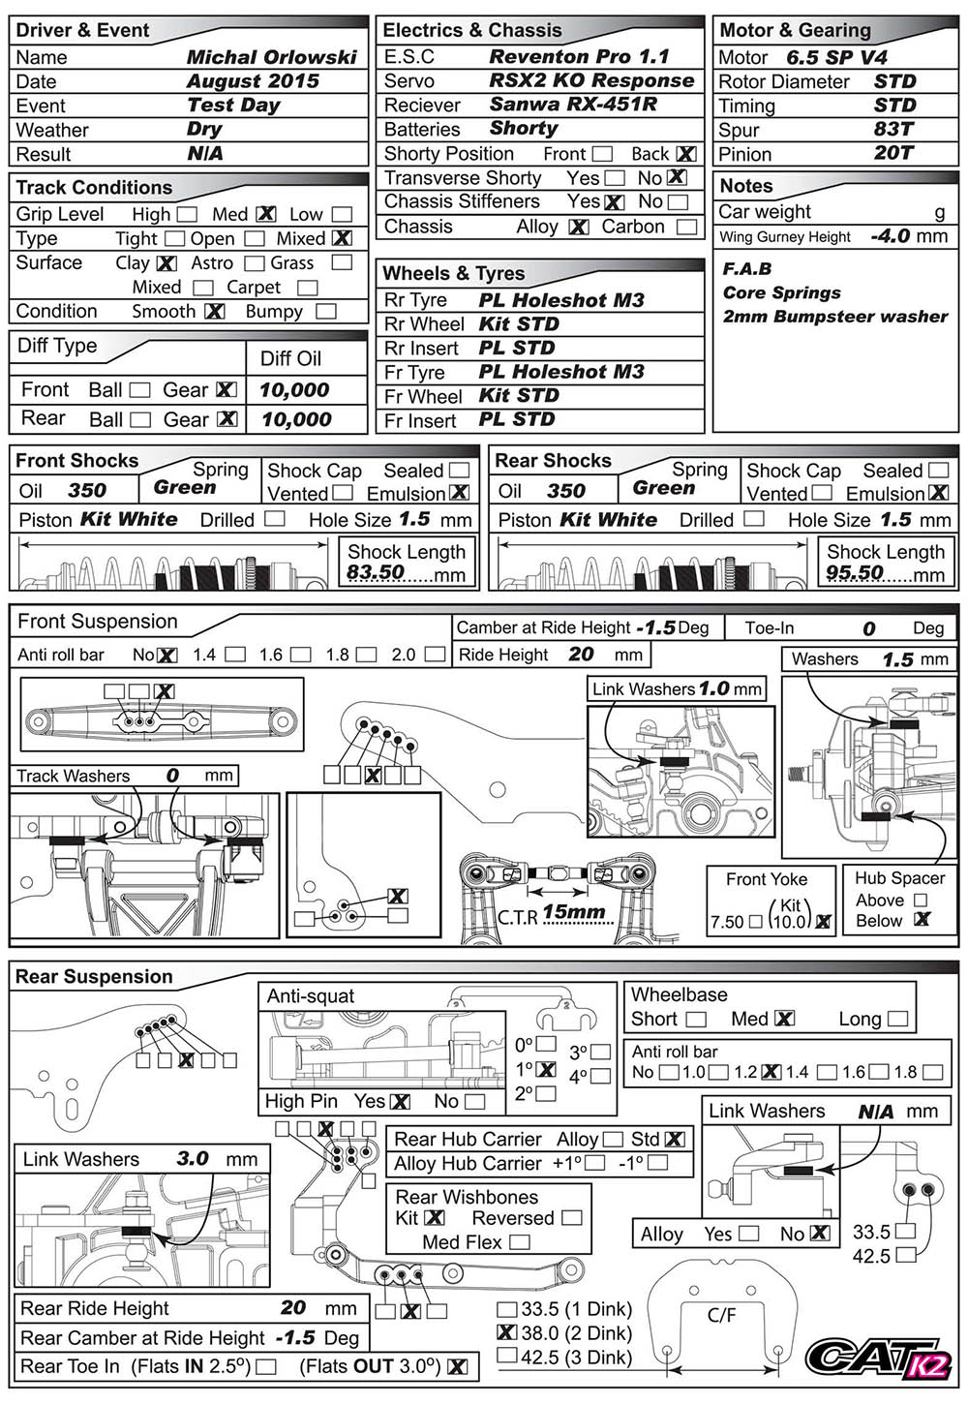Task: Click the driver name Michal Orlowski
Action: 271,57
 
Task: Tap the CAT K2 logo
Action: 878,1358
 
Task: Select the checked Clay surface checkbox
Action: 166,262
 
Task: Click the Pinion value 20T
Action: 892,153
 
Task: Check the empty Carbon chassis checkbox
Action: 686,227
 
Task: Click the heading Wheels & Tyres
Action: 453,274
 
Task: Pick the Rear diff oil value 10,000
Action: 296,419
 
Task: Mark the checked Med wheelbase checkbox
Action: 784,1019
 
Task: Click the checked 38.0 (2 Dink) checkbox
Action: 506,1332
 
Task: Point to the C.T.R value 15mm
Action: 574,911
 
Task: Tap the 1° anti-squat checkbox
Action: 546,1070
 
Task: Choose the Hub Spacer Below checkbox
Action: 922,920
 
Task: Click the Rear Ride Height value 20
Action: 293,1308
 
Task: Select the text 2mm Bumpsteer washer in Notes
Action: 834,317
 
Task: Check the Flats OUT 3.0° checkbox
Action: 458,1366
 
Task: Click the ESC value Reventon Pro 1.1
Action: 579,57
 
